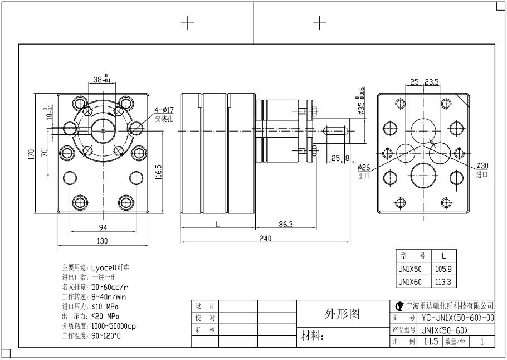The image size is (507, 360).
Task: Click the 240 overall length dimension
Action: coord(265,238)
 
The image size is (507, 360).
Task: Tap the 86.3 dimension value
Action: coord(285,224)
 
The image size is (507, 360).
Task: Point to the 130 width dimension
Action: coord(103,241)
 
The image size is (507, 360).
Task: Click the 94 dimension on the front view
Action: coord(103,227)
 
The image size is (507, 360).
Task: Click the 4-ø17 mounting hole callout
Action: coord(164,110)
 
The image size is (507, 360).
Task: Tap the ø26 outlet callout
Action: coord(364,167)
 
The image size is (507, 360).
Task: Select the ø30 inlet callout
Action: coord(482,166)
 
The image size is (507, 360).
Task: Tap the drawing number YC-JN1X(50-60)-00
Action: coord(457,318)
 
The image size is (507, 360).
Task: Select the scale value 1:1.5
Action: coord(431,341)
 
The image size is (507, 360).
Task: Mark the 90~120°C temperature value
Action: coord(106,336)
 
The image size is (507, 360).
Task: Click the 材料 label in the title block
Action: coord(312,337)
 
